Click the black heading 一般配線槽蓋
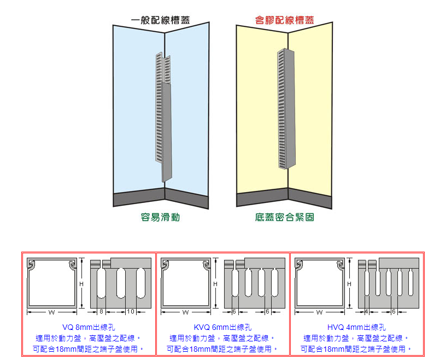click(x=161, y=20)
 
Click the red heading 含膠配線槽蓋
click(x=284, y=20)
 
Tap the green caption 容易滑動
click(x=161, y=217)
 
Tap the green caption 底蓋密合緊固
click(x=284, y=217)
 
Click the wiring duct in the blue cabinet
click(x=164, y=115)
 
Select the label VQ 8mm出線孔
click(x=89, y=327)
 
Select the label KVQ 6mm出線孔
click(x=222, y=327)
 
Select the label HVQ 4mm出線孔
click(x=356, y=327)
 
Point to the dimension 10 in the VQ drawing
click(x=130, y=311)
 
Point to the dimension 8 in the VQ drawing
click(x=101, y=311)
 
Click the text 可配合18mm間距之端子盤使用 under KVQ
click(x=222, y=349)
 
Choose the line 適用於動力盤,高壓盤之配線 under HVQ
click(x=356, y=338)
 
